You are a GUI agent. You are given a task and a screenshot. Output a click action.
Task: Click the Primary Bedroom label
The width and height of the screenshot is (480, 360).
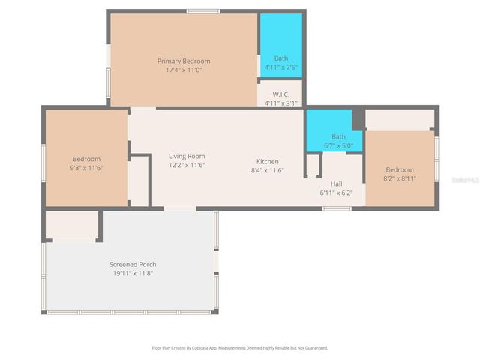point(183,61)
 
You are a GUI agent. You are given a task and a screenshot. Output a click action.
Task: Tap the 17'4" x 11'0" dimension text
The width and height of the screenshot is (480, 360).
point(183,70)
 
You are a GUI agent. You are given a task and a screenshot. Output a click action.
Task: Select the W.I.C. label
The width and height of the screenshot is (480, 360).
point(280,94)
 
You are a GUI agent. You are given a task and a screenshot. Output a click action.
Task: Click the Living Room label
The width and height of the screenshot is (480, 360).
point(187,156)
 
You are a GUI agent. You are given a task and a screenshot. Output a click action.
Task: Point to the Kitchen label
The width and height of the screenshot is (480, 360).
point(268,161)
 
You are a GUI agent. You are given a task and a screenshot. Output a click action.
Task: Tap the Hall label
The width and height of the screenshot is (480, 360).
point(337,184)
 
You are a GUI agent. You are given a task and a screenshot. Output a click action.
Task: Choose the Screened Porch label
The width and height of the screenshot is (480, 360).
point(133,264)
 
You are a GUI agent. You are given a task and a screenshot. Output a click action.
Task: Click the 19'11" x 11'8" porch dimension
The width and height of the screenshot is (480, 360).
point(133,273)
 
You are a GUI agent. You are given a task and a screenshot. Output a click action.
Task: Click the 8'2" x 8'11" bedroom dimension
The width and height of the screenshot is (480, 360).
point(399,178)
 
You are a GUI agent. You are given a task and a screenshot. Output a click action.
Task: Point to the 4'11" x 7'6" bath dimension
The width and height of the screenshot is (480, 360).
point(280,67)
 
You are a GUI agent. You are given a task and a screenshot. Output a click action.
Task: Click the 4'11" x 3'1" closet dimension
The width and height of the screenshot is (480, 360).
point(280,103)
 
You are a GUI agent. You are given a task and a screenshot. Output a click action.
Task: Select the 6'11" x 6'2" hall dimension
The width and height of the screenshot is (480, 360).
point(337,193)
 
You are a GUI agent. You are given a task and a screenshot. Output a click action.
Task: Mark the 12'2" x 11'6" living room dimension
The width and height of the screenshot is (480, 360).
point(187,165)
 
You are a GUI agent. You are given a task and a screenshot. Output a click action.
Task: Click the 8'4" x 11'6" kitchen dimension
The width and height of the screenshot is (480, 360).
point(268,170)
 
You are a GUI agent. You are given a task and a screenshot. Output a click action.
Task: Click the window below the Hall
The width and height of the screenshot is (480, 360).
point(337,208)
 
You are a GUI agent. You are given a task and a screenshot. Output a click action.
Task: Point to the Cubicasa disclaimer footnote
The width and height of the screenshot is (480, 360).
point(240,348)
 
